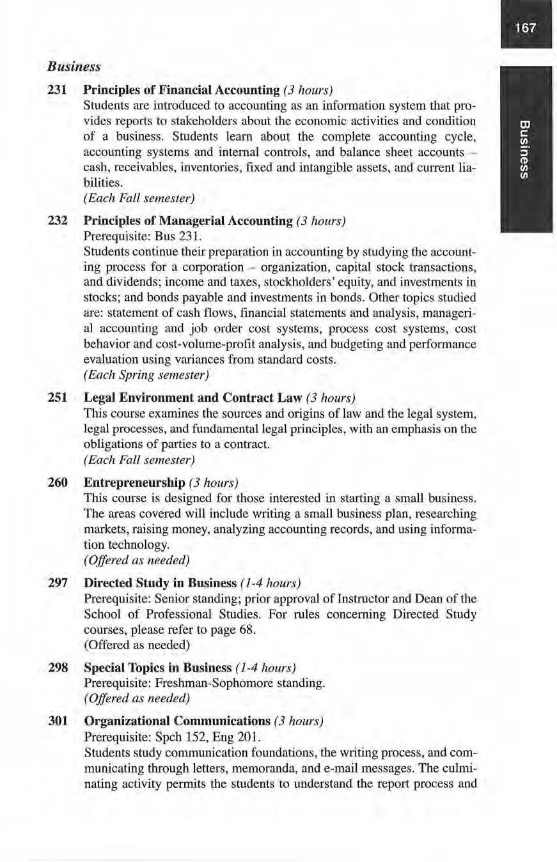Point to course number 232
pos(58,220)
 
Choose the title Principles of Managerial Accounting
pos(188,220)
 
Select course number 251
pos(58,398)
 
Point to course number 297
pos(58,583)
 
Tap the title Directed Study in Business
pos(160,583)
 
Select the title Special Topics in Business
pos(157,667)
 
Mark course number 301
pos(58,721)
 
